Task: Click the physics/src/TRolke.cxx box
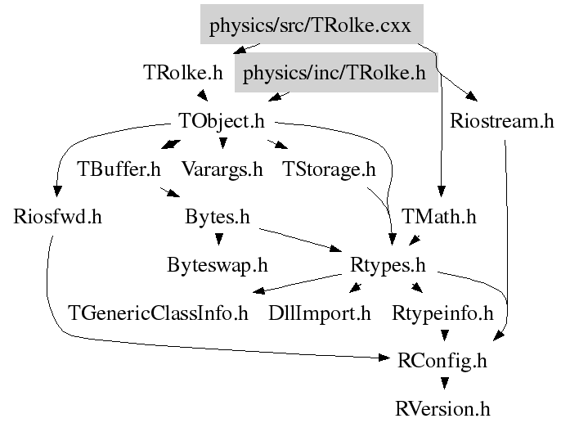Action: [x=312, y=26]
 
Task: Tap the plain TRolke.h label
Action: [x=182, y=73]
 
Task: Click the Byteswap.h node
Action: [x=217, y=265]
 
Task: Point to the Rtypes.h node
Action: [x=388, y=265]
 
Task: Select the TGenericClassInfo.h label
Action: [x=159, y=313]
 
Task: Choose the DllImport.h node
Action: [x=320, y=313]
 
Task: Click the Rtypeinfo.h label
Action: [x=442, y=313]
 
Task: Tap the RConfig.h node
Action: [x=442, y=359]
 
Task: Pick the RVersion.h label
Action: [x=442, y=407]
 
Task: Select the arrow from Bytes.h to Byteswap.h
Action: [x=218, y=239]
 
